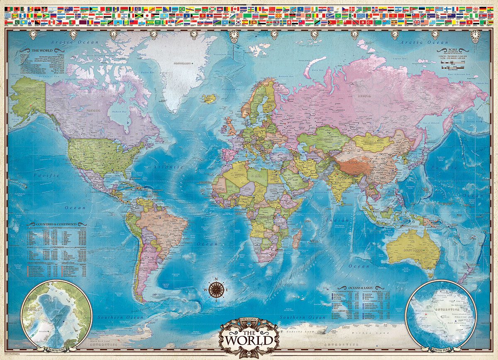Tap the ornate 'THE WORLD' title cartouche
(x=249, y=337)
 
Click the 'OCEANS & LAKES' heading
(x=354, y=288)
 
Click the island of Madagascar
(x=297, y=240)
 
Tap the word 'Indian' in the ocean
(x=332, y=220)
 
